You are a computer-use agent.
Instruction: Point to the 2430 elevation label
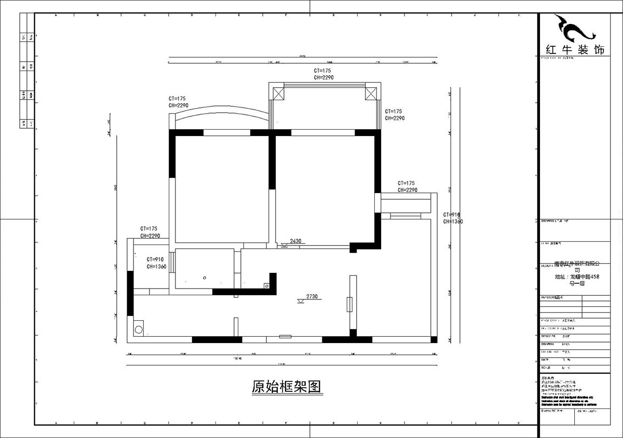(295, 241)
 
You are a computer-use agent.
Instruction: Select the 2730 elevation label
(311, 296)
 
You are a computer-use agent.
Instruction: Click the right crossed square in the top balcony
(371, 93)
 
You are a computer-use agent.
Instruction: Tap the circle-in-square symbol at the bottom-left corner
(139, 328)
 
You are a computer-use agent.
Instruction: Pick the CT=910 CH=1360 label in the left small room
(156, 263)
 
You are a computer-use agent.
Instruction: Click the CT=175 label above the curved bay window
(177, 98)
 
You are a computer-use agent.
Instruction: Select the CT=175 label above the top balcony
(322, 70)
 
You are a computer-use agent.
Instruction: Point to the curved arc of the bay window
(220, 110)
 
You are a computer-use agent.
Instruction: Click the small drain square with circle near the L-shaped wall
(267, 285)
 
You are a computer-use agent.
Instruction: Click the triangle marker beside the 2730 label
(300, 302)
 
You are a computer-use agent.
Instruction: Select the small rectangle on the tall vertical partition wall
(349, 304)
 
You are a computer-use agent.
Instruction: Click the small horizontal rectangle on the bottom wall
(285, 337)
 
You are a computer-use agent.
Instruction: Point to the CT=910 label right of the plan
(452, 215)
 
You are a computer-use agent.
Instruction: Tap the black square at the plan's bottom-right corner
(434, 340)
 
